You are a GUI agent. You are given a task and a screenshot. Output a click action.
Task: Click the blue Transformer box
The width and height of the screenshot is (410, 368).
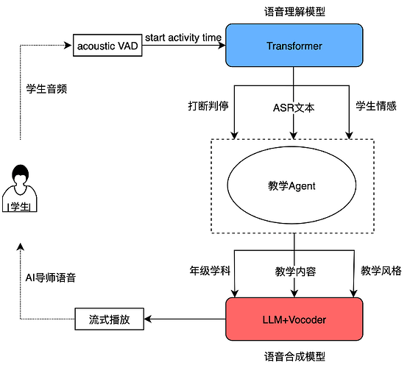294,46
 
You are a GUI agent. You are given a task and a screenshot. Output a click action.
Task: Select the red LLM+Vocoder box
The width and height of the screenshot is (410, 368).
294,319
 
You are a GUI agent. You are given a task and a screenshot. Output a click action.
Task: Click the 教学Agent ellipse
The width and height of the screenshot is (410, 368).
294,186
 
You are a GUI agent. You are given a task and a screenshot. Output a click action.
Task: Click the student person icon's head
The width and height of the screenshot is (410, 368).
20,177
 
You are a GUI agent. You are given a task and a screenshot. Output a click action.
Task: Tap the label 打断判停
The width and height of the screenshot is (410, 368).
208,105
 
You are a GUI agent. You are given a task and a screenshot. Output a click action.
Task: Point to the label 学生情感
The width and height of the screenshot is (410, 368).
376,105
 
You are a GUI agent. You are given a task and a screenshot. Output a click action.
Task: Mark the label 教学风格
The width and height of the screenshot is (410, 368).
381,270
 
